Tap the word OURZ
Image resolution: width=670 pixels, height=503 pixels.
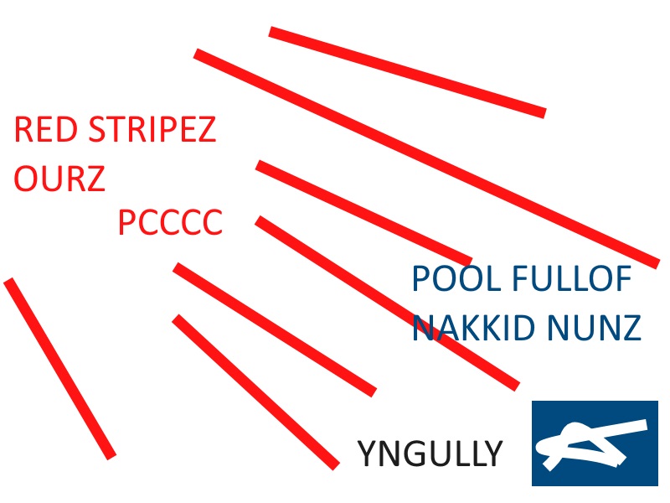pyautogui.click(x=59, y=179)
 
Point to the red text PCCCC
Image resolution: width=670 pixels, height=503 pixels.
pyautogui.click(x=170, y=224)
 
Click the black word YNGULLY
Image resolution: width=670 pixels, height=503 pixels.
pyautogui.click(x=430, y=454)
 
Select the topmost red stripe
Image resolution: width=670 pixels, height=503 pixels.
pyautogui.click(x=407, y=71)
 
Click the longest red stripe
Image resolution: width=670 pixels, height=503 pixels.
pyautogui.click(x=426, y=158)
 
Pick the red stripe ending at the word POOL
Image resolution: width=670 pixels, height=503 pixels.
pyautogui.click(x=364, y=213)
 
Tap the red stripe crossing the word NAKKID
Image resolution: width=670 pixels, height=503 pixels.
pyautogui.click(x=387, y=303)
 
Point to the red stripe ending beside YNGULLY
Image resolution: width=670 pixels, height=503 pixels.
pyautogui.click(x=255, y=392)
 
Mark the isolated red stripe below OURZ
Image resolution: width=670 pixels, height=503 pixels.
pyautogui.click(x=59, y=368)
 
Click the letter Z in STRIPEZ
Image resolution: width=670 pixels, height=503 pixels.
pyautogui.click(x=206, y=131)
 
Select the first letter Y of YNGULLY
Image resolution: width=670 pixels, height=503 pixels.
pyautogui.click(x=367, y=454)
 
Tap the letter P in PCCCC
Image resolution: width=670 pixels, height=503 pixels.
pyautogui.click(x=127, y=224)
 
